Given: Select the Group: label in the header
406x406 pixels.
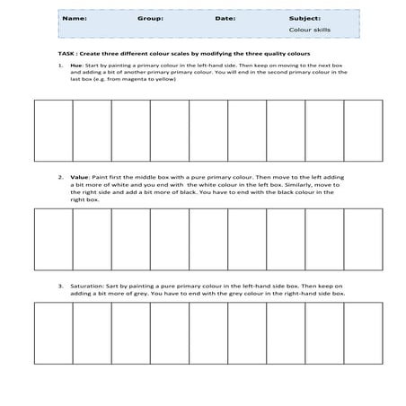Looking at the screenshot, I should click(x=150, y=17).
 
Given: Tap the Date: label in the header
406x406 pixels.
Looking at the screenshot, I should click(x=225, y=17).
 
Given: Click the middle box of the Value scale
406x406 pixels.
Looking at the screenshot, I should click(x=208, y=239).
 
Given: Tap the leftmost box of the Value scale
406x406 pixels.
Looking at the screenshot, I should click(x=53, y=239).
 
